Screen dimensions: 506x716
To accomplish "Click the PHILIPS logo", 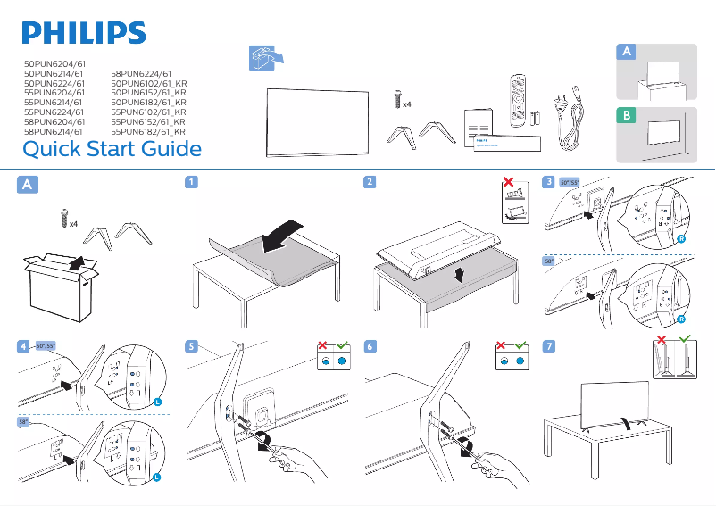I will click(x=83, y=33).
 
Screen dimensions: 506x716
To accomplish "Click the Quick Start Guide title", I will click(x=112, y=148).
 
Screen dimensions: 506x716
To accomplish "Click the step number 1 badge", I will click(x=190, y=183).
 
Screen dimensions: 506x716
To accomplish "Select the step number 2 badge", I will click(x=370, y=183).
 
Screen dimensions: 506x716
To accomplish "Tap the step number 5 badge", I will click(x=190, y=345).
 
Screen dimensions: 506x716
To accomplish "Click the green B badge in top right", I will click(x=628, y=116).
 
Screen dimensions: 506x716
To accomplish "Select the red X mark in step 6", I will click(x=503, y=344).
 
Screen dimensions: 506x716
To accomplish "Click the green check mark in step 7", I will click(x=686, y=340).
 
